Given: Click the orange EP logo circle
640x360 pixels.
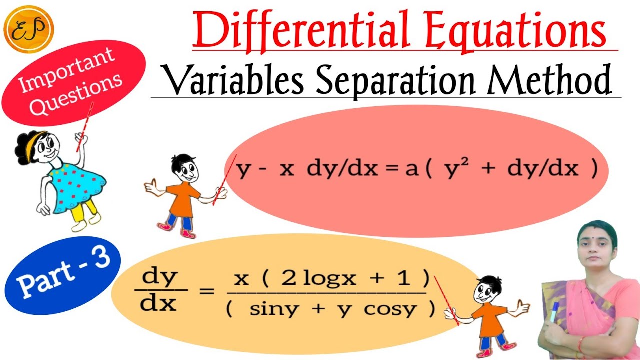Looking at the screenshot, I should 28,28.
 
